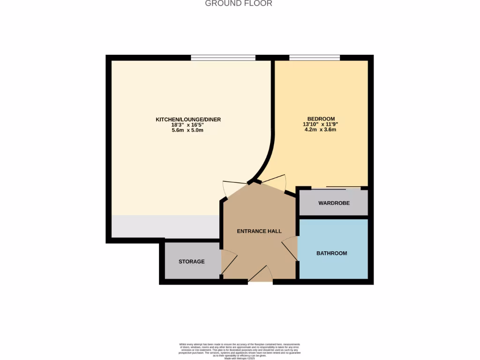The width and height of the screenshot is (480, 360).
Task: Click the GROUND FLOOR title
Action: point(239,3)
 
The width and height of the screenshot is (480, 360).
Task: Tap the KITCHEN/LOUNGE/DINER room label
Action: point(188,120)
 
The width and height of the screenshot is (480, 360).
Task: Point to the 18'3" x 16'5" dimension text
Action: point(188,125)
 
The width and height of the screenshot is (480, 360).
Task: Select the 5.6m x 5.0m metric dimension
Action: point(188,130)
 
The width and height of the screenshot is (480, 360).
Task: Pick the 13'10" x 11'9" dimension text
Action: point(321,124)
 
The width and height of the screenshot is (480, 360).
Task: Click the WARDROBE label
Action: point(333,203)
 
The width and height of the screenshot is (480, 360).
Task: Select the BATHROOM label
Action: point(331,253)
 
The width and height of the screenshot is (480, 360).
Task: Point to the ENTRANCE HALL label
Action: point(259,231)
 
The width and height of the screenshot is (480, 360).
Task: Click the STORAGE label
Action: point(191,262)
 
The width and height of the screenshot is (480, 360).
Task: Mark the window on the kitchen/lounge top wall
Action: point(223,58)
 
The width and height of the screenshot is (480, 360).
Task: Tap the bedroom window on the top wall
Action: point(314,58)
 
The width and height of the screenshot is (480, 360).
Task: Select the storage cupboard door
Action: point(228,262)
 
